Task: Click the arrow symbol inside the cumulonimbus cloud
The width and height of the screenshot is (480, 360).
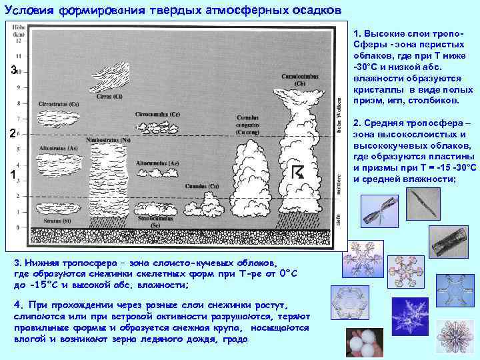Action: coord(298,171)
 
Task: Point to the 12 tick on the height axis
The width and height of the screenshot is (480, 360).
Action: coord(18,40)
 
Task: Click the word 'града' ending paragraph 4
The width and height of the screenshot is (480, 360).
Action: coord(235,339)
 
